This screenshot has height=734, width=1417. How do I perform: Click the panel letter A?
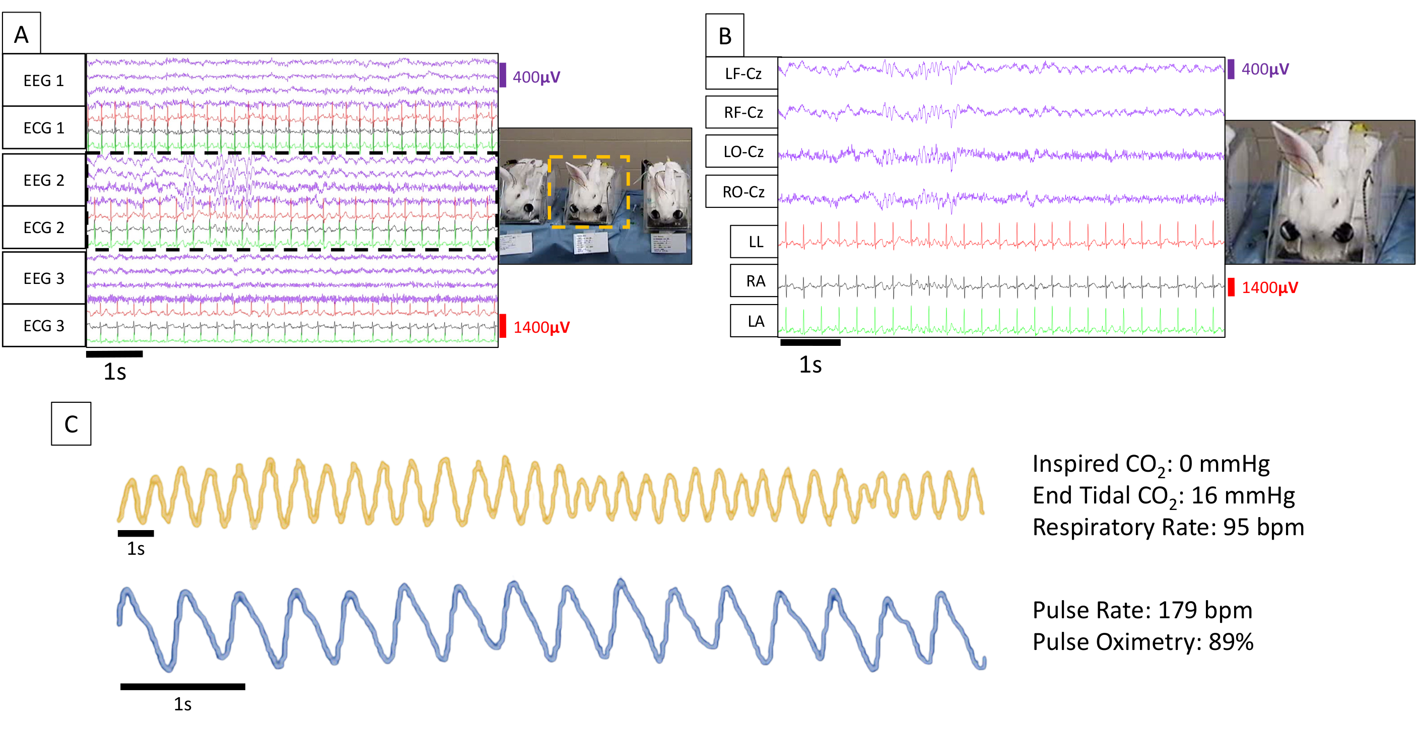coord(22,35)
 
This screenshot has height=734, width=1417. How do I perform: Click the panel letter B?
coord(724,37)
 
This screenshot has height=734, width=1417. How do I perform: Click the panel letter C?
coord(71,424)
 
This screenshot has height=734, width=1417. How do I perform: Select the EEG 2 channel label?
coord(44,180)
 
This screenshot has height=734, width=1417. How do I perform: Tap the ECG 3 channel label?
coord(44,326)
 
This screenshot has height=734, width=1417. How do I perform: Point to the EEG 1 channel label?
coord(44,81)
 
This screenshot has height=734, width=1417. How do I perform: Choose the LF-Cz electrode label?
coord(743,74)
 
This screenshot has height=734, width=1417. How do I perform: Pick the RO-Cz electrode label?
coord(743,192)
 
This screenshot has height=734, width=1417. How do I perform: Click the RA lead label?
coord(755,281)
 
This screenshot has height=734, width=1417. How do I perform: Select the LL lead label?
coord(755,242)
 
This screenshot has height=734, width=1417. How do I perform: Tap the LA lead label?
coord(755,322)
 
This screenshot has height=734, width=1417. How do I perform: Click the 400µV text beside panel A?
coord(536,77)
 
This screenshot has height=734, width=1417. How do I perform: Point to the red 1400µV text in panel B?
coord(1269,287)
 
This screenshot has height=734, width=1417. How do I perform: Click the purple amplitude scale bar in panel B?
coord(1231,69)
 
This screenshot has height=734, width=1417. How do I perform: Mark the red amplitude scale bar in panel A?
coord(503,326)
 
